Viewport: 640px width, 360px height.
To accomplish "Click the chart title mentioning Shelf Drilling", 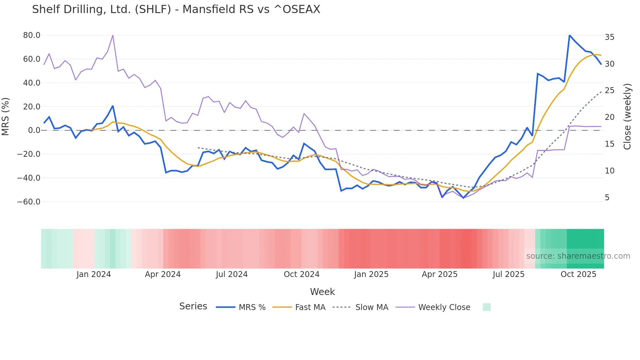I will coord(176,9).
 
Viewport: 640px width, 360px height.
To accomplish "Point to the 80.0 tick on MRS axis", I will coord(32,35).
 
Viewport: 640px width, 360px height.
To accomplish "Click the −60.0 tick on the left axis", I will coord(29,202).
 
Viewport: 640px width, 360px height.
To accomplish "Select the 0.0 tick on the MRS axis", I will coord(34,130).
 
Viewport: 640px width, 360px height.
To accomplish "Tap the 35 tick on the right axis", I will coord(609,37).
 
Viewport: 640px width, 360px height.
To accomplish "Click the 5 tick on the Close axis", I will coord(607,198).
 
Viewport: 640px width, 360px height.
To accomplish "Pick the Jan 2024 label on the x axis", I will coord(94,274).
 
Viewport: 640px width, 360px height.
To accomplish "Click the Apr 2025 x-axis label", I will coord(440,274).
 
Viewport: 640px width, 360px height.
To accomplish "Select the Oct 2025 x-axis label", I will coord(578,274).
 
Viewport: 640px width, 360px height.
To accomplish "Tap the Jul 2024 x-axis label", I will coord(232,274).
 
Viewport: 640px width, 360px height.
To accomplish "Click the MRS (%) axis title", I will coord(6,117).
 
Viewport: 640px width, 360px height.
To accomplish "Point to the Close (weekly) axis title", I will coord(627,117).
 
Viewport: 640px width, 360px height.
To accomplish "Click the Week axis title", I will coord(322,292).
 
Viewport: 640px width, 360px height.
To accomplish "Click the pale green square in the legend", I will coord(487,307).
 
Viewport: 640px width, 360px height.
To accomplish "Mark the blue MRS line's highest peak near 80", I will coord(569,36).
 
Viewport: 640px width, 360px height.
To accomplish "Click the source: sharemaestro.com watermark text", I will coord(578,256).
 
